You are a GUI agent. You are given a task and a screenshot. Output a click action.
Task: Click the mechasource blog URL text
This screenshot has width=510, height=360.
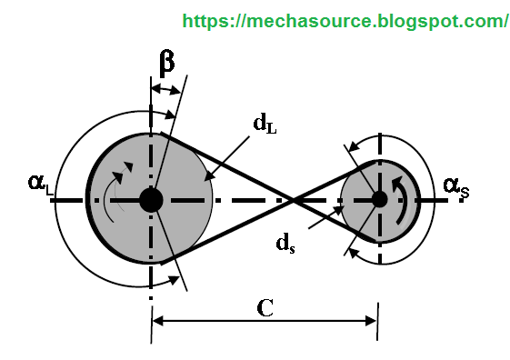click(x=345, y=20)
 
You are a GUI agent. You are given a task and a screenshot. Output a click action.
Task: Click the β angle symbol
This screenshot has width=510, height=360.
click(x=166, y=63)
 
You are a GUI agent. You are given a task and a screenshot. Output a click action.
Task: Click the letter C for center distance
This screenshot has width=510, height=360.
click(x=265, y=307)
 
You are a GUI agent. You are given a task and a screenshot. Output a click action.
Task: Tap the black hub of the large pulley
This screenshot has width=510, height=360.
click(x=151, y=198)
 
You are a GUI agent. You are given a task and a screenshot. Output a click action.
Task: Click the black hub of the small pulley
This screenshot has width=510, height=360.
click(x=377, y=198)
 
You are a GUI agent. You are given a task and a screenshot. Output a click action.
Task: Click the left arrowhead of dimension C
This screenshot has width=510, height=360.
click(x=157, y=319)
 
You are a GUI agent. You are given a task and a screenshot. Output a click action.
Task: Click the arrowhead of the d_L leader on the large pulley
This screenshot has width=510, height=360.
click(x=206, y=176)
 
